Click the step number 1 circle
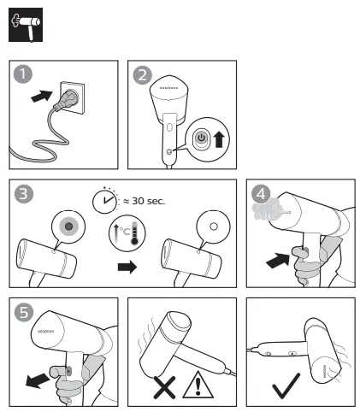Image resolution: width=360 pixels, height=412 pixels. tap(23, 74)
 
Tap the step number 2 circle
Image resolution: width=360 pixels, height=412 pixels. tap(143, 75)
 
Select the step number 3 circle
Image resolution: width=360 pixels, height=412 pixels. tap(24, 194)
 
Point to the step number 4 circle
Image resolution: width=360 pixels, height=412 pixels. tap(261, 194)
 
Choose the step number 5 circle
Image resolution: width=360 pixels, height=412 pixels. tap(24, 312)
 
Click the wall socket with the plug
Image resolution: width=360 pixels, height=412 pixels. tap(71, 97)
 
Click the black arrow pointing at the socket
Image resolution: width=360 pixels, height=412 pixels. tap(42, 96)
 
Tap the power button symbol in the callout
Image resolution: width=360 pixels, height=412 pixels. tap(202, 138)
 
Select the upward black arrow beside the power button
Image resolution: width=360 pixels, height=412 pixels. tap(219, 138)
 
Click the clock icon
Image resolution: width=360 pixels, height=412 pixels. tap(104, 201)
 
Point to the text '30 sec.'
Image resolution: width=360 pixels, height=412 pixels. tap(148, 201)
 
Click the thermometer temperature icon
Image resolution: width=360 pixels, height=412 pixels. tap(127, 233)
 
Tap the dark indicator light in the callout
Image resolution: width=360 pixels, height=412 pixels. tap(68, 227)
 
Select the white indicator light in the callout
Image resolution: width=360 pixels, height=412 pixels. tap(214, 227)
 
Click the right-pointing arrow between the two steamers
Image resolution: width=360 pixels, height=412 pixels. tap(127, 267)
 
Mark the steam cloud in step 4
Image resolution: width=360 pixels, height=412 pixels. tap(268, 209)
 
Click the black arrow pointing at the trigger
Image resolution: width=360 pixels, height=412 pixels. tap(277, 260)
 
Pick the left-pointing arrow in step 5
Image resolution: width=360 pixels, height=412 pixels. tap(38, 380)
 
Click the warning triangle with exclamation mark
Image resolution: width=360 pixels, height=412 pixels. tap(198, 385)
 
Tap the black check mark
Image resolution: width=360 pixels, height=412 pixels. tap(286, 386)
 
